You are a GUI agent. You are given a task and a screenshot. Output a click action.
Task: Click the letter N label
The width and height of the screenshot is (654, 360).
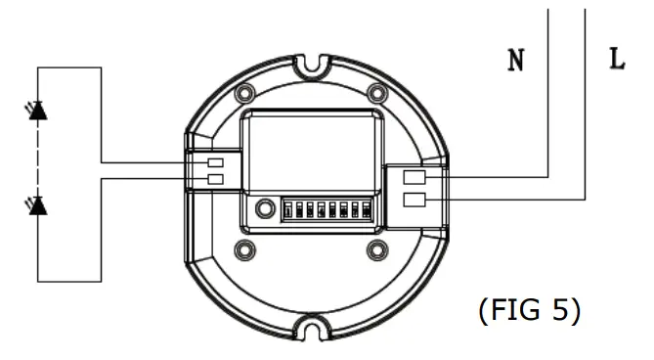click(515, 61)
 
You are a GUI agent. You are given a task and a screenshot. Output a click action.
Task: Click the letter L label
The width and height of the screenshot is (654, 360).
click(616, 60)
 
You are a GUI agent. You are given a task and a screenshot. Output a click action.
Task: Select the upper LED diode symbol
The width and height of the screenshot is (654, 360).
click(38, 111)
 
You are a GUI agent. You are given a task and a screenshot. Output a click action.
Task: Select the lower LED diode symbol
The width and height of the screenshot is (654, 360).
click(38, 205)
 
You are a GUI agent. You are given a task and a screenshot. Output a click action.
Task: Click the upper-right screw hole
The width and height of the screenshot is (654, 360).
click(375, 95)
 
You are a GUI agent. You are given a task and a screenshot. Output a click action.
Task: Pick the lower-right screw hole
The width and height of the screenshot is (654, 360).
click(375, 248)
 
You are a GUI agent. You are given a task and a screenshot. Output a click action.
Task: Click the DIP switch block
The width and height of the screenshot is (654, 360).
click(327, 209)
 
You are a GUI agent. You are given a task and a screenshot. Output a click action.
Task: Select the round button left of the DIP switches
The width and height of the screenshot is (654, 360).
click(264, 208)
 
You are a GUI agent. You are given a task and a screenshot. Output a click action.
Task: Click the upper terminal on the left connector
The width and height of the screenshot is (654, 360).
click(216, 162)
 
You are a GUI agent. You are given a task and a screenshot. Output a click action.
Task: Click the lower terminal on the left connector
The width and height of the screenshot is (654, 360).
click(216, 179)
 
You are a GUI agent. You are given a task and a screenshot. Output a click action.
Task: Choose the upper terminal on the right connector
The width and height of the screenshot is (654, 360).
click(414, 177)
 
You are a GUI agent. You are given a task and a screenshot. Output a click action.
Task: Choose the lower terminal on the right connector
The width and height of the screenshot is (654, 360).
click(414, 201)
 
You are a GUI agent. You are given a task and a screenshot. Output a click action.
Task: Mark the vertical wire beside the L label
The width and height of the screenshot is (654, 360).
click(585, 98)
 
